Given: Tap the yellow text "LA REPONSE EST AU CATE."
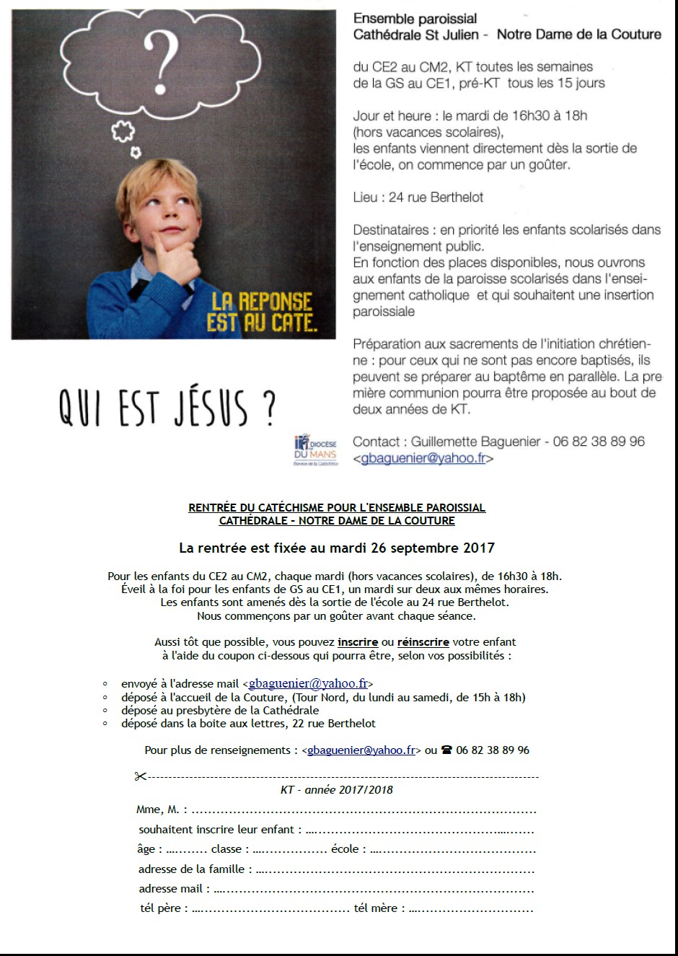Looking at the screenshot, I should pos(261,312).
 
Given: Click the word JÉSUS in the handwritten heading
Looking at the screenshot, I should pos(211,408).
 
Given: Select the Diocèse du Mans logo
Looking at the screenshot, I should pos(315,450).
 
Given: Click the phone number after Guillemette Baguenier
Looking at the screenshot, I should pos(599,442).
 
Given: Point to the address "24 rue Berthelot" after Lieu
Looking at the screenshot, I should pos(436,197).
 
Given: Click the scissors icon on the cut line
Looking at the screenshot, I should pos(140,776).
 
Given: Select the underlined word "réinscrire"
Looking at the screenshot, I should pos(423,641).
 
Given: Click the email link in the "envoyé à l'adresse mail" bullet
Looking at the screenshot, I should pos(308,683).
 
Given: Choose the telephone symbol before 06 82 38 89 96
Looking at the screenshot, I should pos(446,750).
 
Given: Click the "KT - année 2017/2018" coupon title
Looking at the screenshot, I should pos(337,789).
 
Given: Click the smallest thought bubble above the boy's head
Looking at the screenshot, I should pos(136,152).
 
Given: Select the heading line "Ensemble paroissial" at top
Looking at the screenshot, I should pos(415,19).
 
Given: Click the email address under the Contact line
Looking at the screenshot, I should pos(423,458).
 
